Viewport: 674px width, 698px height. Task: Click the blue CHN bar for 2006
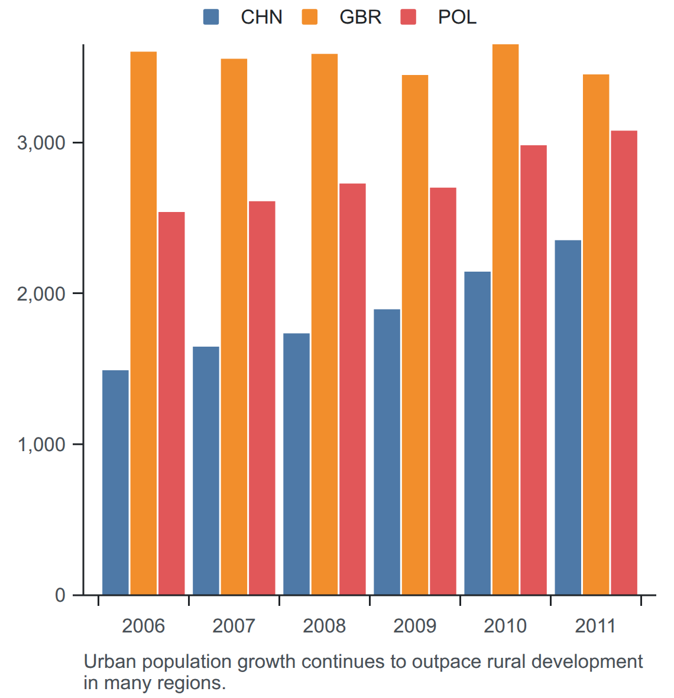(115, 482)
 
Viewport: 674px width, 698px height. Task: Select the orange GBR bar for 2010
(505, 319)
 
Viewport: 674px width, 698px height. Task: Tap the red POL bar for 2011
(624, 363)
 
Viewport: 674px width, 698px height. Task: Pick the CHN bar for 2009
(387, 452)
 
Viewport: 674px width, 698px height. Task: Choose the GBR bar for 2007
(234, 327)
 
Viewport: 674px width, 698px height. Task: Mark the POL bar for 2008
(352, 389)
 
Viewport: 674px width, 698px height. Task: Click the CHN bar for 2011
(568, 418)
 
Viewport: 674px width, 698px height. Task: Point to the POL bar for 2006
(171, 403)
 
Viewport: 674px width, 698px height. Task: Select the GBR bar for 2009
(415, 335)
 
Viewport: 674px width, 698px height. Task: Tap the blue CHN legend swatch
(211, 17)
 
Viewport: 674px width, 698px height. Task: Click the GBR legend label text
(361, 17)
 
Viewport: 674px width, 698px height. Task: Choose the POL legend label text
(458, 17)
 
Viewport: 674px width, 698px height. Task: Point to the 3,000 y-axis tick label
(41, 143)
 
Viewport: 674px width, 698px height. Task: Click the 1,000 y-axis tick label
(41, 445)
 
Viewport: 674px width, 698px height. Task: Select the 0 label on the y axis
(60, 595)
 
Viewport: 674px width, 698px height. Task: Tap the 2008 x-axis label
(324, 626)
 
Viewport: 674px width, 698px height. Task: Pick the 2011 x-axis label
(595, 626)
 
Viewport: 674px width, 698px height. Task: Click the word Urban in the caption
(109, 661)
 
